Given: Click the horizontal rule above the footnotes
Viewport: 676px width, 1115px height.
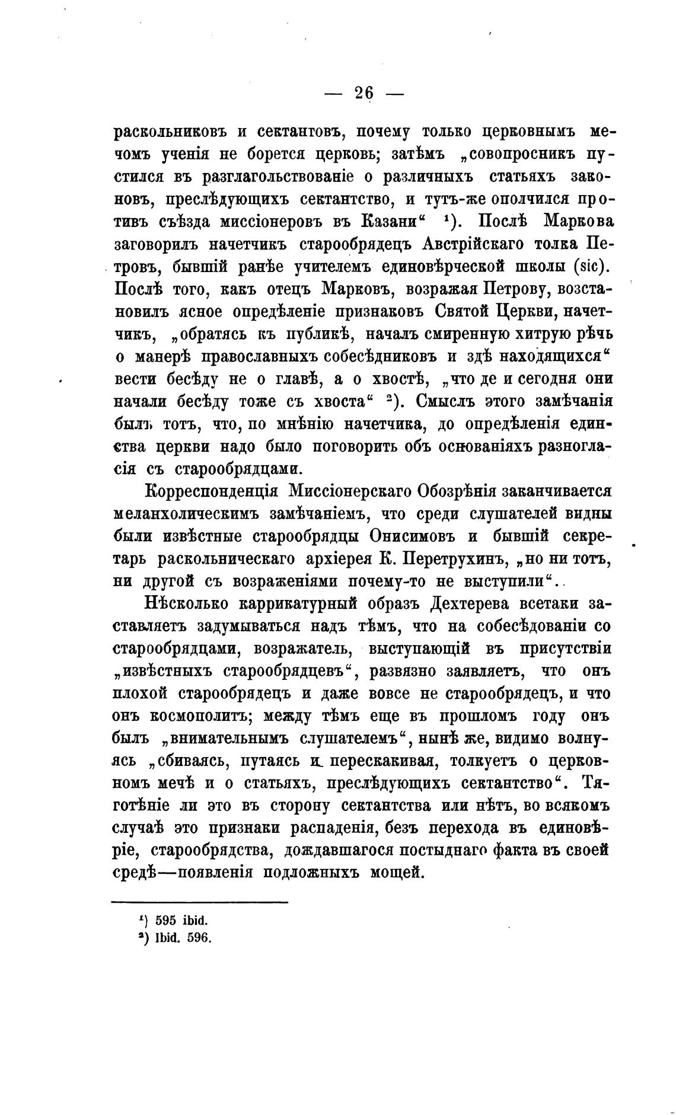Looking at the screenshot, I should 200,902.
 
